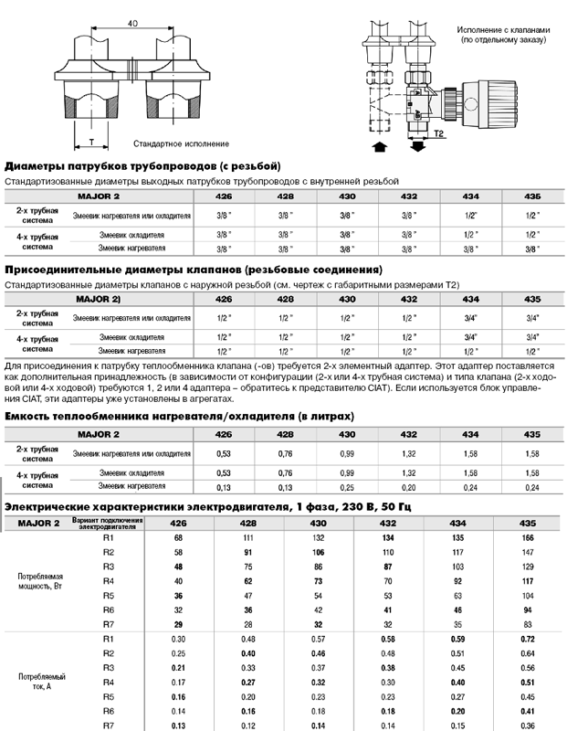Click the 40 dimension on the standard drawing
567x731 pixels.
133,22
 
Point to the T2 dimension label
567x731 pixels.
439,133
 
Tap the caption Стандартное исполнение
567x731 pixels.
182,144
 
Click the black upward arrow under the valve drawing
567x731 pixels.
380,146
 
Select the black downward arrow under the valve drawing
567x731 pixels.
417,146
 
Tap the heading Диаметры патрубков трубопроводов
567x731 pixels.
142,166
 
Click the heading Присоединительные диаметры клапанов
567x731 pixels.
193,270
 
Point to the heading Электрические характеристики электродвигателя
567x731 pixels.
226,507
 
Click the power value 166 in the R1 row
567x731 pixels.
527,538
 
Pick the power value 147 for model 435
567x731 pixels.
527,553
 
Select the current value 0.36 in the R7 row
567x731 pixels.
527,725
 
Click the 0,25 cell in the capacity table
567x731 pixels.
346,487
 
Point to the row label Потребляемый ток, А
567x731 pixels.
42,681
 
